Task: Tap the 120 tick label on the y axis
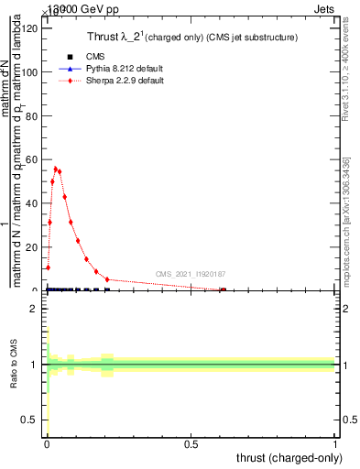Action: pyautogui.click(x=31, y=28)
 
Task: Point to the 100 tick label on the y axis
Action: pyautogui.click(x=31, y=72)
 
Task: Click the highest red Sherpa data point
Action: pyautogui.click(x=55, y=169)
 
